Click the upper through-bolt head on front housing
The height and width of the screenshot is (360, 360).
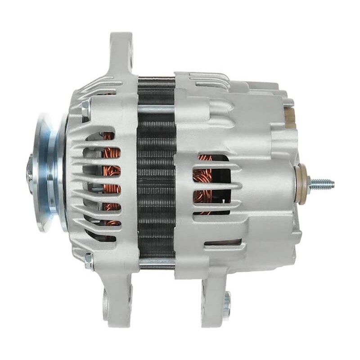(85, 108)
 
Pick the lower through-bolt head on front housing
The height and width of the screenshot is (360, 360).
(88, 261)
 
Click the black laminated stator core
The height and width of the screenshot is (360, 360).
(156, 180)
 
